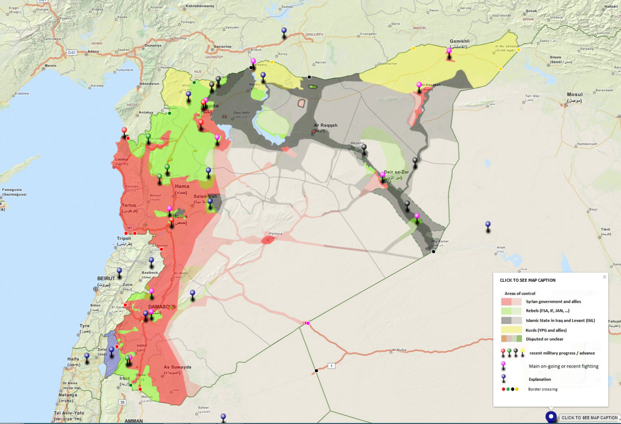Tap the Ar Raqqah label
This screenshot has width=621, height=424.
[x=325, y=125]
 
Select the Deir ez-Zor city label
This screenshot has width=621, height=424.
[x=396, y=172]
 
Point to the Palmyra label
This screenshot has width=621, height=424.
[x=276, y=234]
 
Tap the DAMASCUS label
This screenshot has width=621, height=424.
[x=162, y=307]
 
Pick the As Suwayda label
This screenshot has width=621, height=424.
[x=177, y=367]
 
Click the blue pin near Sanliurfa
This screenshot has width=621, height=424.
[x=284, y=32]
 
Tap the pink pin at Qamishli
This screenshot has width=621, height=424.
[x=449, y=51]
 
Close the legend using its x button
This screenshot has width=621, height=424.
[x=604, y=277]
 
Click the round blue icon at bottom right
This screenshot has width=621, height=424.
[x=551, y=417]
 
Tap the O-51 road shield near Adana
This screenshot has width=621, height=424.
[x=72, y=52]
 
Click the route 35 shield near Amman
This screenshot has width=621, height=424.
[x=122, y=402]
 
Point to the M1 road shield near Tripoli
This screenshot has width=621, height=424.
[x=129, y=227]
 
